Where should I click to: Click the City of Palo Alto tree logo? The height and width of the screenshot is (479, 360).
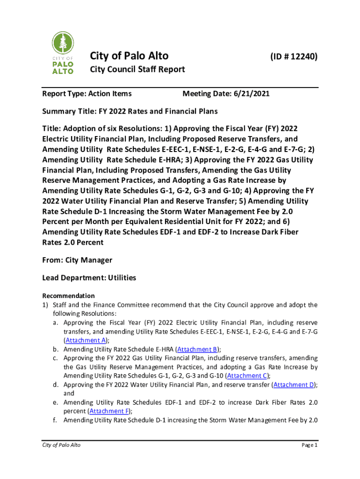click(x=62, y=53)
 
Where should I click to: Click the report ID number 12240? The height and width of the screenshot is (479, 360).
click(x=294, y=57)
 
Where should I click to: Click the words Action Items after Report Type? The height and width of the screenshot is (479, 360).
click(x=113, y=94)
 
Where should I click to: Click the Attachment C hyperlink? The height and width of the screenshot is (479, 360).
click(x=247, y=376)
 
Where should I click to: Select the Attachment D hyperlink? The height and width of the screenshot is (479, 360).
click(x=294, y=385)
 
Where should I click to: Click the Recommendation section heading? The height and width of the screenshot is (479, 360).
click(x=68, y=296)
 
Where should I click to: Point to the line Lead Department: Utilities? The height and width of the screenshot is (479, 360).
click(x=89, y=278)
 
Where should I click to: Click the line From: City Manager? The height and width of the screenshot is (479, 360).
click(x=77, y=260)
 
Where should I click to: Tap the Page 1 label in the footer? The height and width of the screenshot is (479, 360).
click(x=309, y=445)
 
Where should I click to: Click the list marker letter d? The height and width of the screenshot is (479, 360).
click(x=55, y=385)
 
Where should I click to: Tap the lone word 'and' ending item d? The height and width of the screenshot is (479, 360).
click(x=69, y=393)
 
